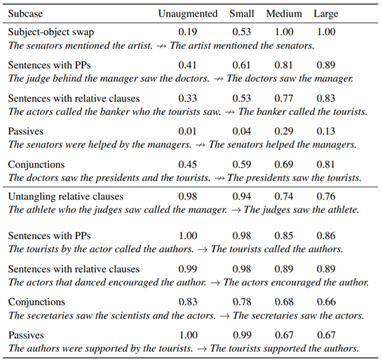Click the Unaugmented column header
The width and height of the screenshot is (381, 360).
coord(188,14)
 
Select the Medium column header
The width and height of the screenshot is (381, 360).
coord(284,14)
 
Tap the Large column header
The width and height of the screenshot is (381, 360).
coord(326,14)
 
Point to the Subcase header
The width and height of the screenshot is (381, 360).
coord(25,14)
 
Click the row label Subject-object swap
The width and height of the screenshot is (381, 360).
coord(51,32)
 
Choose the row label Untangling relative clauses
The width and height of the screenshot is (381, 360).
coord(65,197)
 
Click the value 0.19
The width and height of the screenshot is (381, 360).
coord(188,32)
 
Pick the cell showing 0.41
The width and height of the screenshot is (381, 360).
coord(188,65)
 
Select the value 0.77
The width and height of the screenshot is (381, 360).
coord(284,98)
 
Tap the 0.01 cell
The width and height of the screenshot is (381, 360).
coord(187,131)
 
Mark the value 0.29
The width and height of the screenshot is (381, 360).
coord(284,131)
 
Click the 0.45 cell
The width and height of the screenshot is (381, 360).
coord(188,165)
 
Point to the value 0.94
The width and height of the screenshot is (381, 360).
coord(242,196)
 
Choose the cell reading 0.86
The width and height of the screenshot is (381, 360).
coord(326,235)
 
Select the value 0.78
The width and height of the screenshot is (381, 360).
coord(242,302)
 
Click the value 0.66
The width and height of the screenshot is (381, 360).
coord(327,302)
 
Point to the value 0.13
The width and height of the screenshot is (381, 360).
coord(326,131)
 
